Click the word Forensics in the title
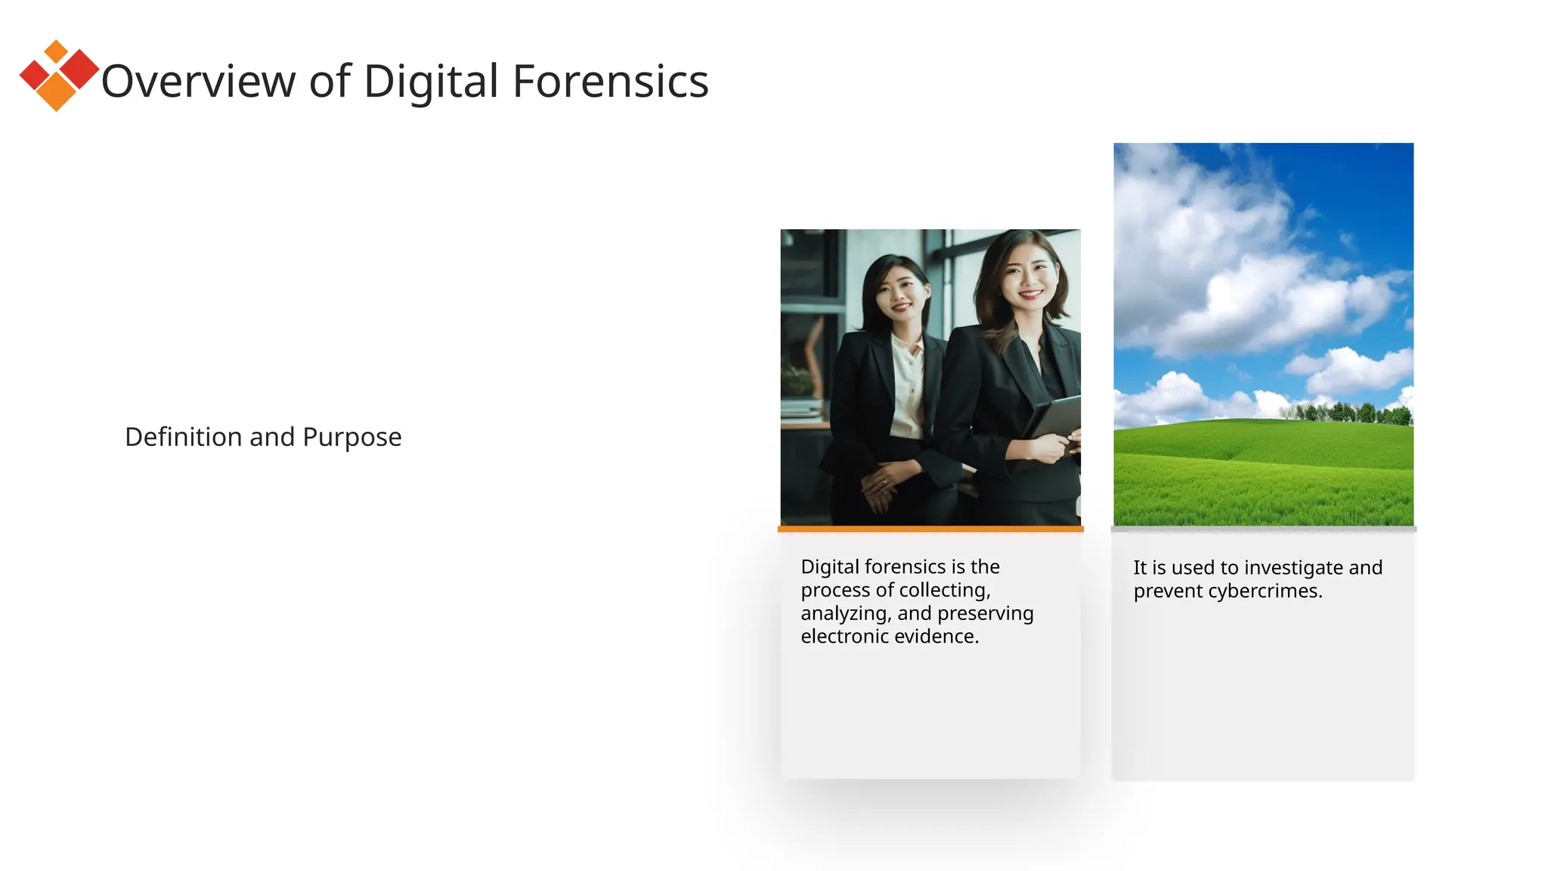tap(610, 81)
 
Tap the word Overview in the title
tap(198, 81)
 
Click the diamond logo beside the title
tap(59, 76)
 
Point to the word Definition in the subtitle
tap(184, 437)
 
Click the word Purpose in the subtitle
tap(351, 437)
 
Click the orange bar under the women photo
tap(930, 529)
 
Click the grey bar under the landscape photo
tap(1263, 529)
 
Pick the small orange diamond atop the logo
tap(56, 51)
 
